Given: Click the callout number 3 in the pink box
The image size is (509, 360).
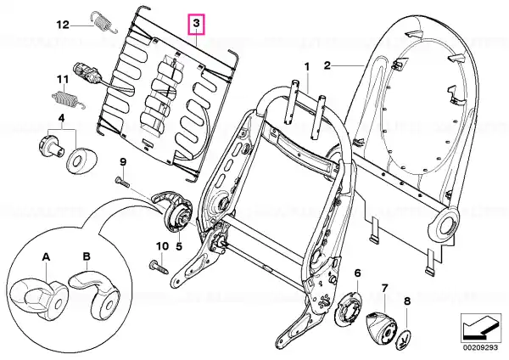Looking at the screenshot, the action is [197, 24].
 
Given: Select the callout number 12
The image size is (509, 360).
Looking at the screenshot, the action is [63, 25].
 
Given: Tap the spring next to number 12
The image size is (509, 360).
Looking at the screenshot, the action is [103, 22].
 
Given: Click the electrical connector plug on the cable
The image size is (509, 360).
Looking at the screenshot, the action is [86, 72].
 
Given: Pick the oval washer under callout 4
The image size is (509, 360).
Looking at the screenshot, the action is [81, 160].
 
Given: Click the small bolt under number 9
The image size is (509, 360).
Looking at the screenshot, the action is [122, 181].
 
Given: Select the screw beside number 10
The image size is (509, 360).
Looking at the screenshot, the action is [159, 267].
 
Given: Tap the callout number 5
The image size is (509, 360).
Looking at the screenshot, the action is [179, 246].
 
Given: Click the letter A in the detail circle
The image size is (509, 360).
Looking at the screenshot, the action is [47, 257].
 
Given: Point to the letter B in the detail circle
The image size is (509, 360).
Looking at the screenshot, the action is [87, 256].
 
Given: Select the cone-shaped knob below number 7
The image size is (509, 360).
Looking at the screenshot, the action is [382, 327].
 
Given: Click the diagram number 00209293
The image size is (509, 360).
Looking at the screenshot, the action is [480, 347].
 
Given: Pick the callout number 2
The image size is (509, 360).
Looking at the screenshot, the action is [327, 65].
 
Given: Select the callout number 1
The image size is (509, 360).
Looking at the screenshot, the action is [307, 67].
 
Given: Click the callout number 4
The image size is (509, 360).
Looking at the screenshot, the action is [61, 118].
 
